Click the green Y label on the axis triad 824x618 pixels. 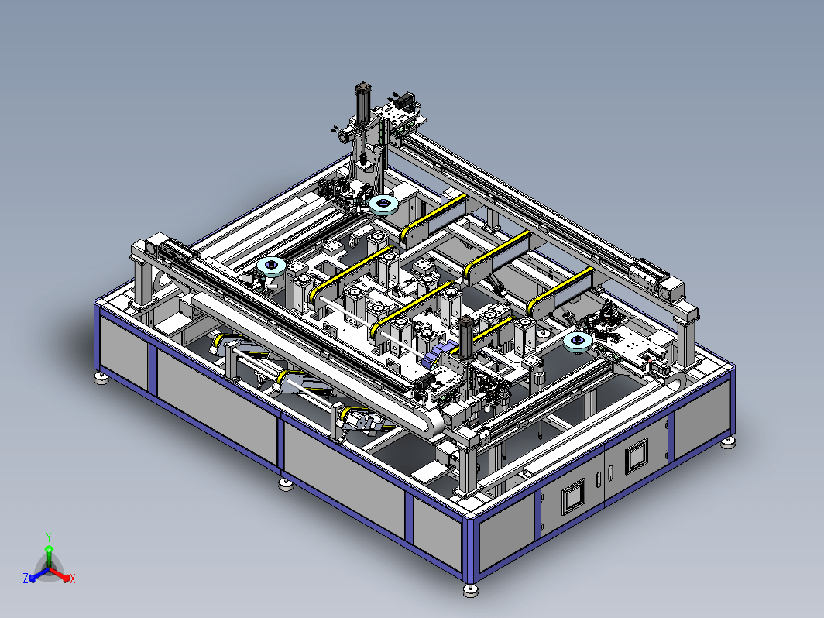49,537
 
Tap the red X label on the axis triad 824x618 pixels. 73,579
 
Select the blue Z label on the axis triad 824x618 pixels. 26,578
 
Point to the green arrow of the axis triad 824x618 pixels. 49,556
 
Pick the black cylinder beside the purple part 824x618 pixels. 465,336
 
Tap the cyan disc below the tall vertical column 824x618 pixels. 383,204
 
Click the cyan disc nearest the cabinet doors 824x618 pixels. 578,342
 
